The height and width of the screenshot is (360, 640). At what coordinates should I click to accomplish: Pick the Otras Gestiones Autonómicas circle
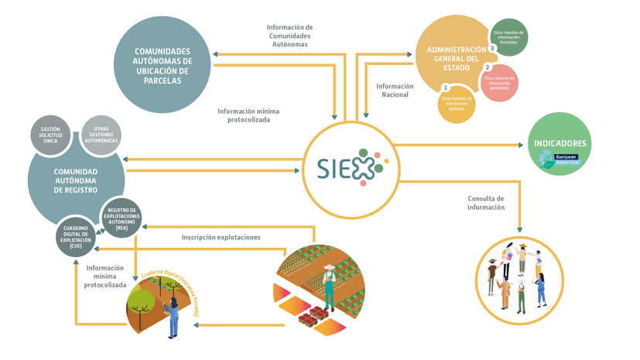[x=101, y=135]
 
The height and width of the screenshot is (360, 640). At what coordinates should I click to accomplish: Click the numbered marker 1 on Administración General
[x=445, y=87]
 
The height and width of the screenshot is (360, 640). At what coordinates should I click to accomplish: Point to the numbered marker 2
[x=488, y=67]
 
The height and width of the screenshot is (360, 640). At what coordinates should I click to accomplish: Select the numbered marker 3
[x=492, y=27]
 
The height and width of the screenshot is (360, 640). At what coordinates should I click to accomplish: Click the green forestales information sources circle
[x=509, y=37]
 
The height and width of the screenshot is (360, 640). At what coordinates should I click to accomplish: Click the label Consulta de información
[x=486, y=203]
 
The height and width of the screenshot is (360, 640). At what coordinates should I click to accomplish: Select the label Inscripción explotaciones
[x=221, y=237]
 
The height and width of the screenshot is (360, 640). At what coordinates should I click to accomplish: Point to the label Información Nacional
[x=395, y=90]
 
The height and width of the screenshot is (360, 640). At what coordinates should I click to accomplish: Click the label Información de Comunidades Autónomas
[x=289, y=36]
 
